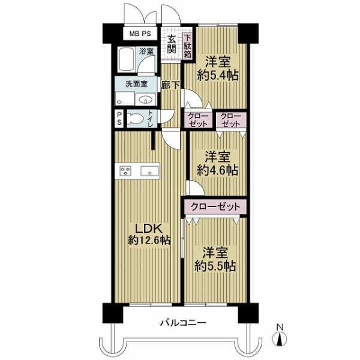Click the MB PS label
[140, 34]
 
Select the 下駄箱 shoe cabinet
[188, 46]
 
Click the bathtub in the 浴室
[126, 59]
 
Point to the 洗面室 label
[136, 84]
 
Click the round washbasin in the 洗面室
[145, 100]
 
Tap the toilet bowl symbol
[135, 119]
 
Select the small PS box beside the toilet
[119, 118]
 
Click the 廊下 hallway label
[170, 85]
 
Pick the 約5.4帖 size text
[218, 76]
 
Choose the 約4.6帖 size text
[217, 170]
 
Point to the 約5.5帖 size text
[215, 266]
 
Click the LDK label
[149, 229]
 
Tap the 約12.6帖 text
[149, 241]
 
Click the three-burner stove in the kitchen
[125, 171]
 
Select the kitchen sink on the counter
[149, 171]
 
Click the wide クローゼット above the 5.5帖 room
[215, 207]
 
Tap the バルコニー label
[183, 323]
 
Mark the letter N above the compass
[280, 327]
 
